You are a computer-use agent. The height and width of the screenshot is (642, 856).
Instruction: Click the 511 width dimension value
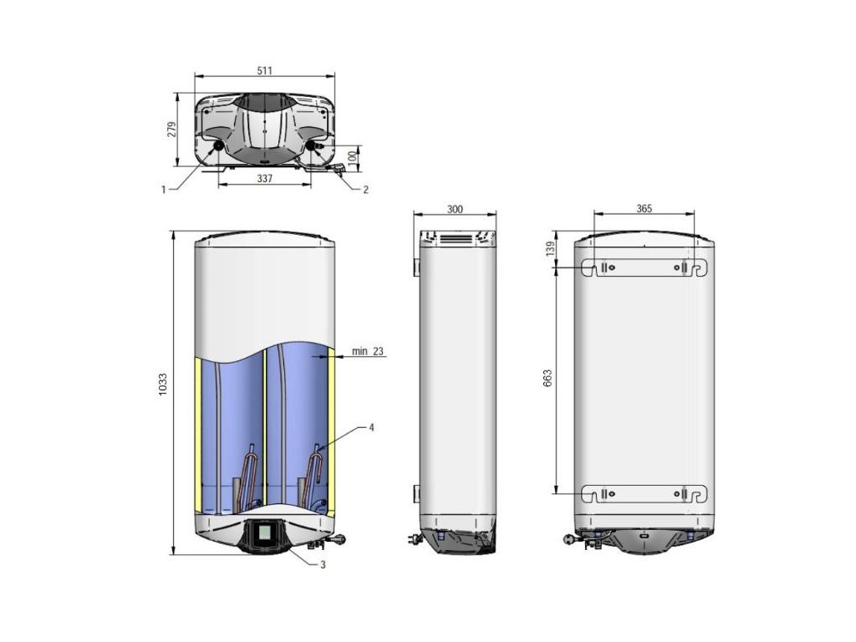[x=264, y=70]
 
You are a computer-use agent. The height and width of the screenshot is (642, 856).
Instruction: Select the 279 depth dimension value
[x=172, y=130]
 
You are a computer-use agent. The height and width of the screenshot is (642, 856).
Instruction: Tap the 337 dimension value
[x=264, y=179]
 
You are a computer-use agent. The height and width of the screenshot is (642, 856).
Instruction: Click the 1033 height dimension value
[x=163, y=385]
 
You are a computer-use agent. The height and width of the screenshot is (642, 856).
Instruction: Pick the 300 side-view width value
[x=455, y=209]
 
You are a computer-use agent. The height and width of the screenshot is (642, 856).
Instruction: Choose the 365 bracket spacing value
[x=645, y=208]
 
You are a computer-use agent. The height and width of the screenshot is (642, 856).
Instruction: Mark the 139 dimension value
[x=550, y=249]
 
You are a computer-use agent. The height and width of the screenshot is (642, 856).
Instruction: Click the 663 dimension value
[x=548, y=379]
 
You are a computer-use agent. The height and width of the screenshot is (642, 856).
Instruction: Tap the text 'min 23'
[x=368, y=351]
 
